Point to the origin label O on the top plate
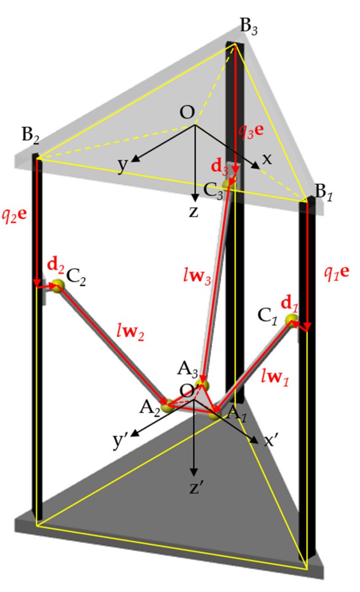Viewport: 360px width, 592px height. (187, 112)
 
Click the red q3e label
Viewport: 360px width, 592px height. (251, 130)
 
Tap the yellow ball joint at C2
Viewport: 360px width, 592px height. (58, 286)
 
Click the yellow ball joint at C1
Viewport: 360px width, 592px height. (291, 321)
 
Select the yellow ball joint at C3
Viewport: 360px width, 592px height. (227, 184)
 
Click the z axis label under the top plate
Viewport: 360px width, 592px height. (194, 212)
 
